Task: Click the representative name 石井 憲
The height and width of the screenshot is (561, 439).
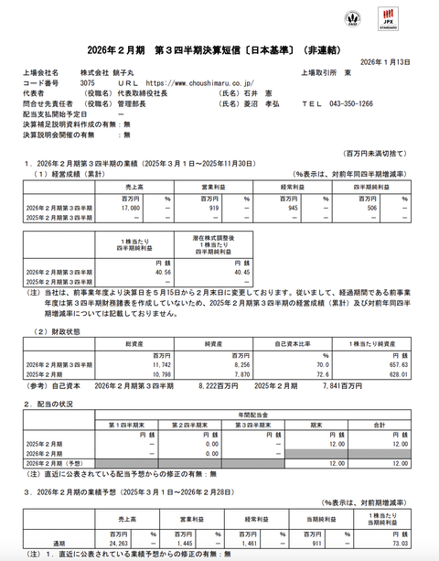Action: pos(273,92)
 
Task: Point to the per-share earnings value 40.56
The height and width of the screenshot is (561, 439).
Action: pos(156,271)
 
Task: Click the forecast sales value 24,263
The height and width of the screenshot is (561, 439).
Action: pos(120,543)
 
